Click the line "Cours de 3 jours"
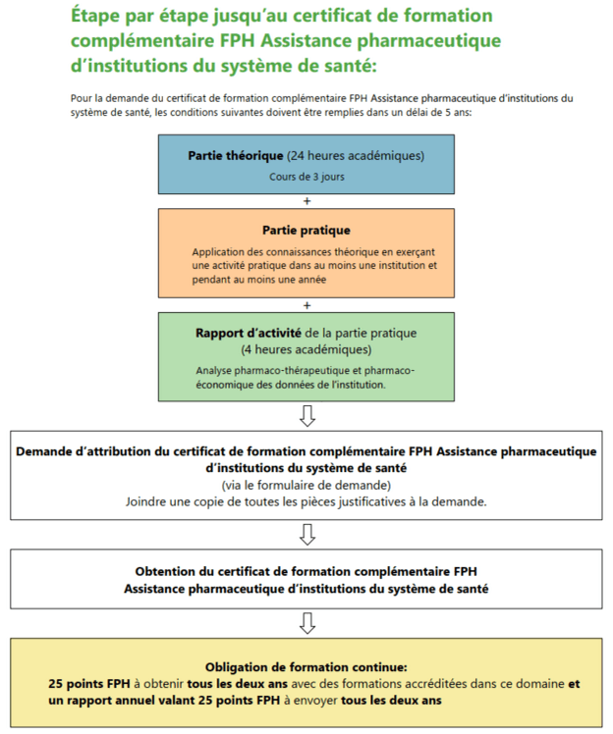coord(306,178)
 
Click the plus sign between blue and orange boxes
coord(306,201)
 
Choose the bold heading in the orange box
coord(306,231)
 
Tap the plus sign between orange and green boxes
coord(306,304)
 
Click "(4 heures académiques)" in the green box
coord(306,349)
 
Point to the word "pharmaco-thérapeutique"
coord(260,371)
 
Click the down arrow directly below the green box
coord(306,416)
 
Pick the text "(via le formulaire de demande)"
coord(306,485)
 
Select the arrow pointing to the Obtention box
coord(306,534)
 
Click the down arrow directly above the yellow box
coord(306,622)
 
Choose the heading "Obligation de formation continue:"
coord(306,664)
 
